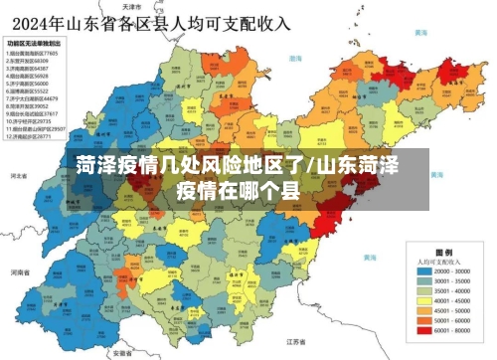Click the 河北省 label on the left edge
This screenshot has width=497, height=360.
(x=17, y=176)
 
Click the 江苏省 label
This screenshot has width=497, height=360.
(x=293, y=340)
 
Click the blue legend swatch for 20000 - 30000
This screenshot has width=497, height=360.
(x=423, y=270)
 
